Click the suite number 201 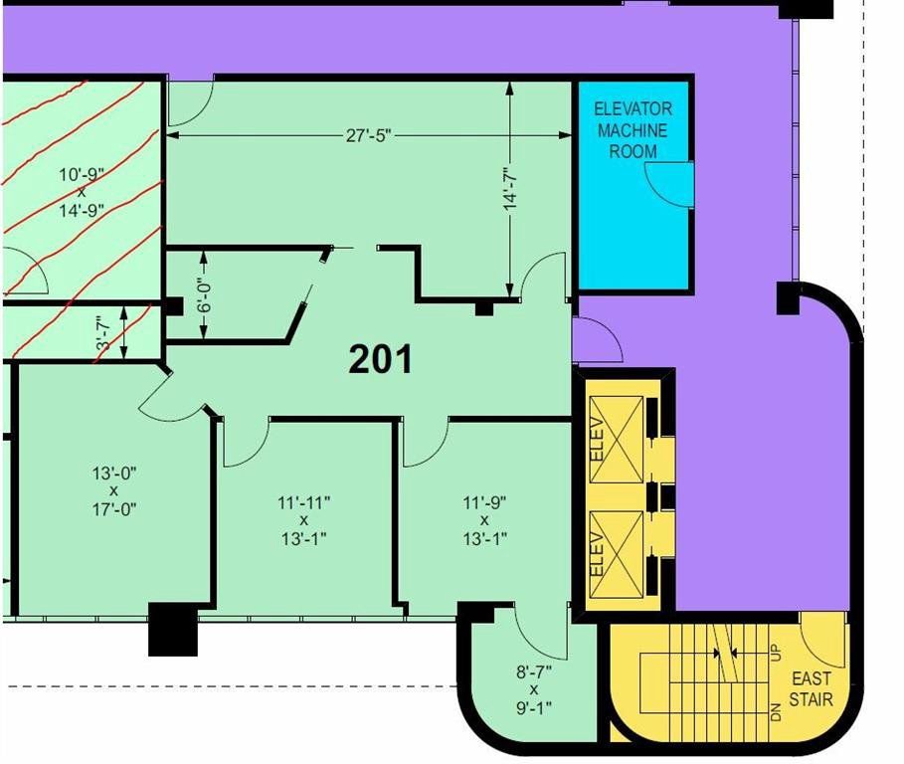(381, 358)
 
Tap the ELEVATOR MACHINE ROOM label (633, 130)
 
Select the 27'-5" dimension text (368, 135)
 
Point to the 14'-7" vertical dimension (509, 189)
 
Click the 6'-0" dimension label (204, 295)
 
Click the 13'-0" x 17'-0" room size (113, 491)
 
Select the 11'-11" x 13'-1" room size (304, 520)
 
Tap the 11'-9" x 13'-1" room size (485, 520)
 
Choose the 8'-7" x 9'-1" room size (534, 689)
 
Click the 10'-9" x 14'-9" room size (82, 192)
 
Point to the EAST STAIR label (811, 689)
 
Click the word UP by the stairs (776, 653)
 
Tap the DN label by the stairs (776, 712)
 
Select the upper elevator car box (617, 440)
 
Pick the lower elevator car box (617, 553)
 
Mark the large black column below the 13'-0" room (173, 629)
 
